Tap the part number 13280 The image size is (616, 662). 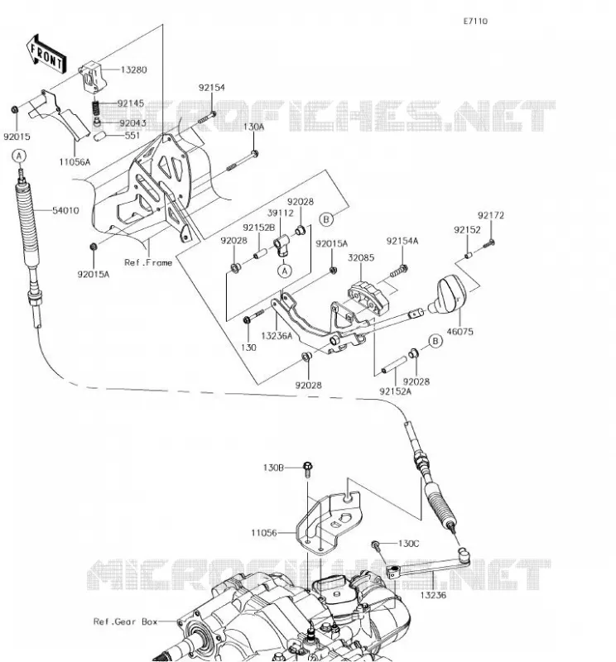tap(133, 70)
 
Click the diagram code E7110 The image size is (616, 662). tap(475, 22)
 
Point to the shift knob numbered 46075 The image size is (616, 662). tap(448, 295)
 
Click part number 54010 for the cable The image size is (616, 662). tap(65, 210)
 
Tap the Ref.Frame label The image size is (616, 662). tap(148, 262)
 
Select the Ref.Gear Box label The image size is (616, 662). tap(126, 621)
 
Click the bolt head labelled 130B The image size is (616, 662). tap(307, 467)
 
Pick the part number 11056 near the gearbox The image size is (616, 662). tap(264, 533)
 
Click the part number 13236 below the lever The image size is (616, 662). tap(433, 595)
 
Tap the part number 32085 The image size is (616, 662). tap(361, 257)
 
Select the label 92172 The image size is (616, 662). tap(491, 215)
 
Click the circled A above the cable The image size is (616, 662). tap(18, 156)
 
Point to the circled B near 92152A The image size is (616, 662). tap(436, 341)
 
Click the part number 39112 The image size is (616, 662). tap(280, 213)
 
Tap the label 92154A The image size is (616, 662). tap(402, 241)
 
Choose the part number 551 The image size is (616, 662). tap(132, 136)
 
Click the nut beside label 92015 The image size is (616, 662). tap(14, 110)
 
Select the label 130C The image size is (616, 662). tap(408, 544)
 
